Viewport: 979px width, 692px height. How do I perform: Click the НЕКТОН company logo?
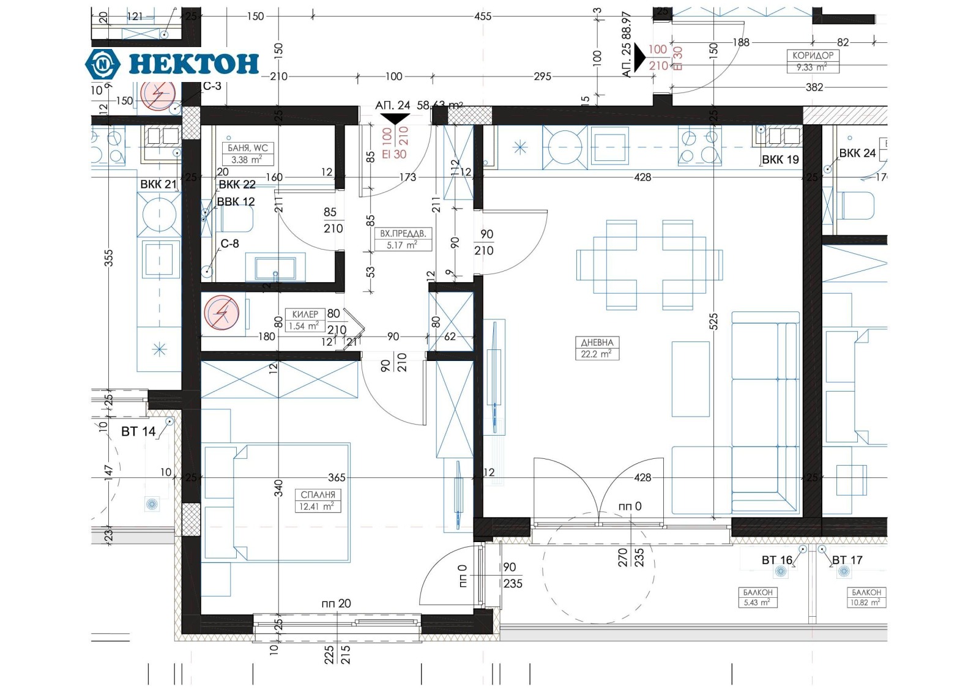pyautogui.click(x=172, y=64)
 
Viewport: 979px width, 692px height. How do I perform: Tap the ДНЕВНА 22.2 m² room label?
pyautogui.click(x=597, y=348)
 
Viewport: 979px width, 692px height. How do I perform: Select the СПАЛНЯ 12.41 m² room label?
pyautogui.click(x=318, y=500)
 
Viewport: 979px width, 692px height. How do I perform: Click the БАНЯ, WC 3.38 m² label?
pyautogui.click(x=247, y=154)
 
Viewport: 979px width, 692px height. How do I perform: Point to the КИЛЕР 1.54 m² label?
pyautogui.click(x=304, y=320)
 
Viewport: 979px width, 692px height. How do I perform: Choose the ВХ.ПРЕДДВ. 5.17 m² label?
pyautogui.click(x=403, y=239)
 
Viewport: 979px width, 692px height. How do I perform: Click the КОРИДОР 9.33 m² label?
pyautogui.click(x=813, y=61)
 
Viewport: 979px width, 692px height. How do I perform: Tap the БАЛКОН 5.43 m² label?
pyautogui.click(x=758, y=597)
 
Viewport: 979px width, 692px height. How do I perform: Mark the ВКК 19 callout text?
pyautogui.click(x=780, y=160)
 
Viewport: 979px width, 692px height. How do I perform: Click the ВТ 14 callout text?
pyautogui.click(x=138, y=431)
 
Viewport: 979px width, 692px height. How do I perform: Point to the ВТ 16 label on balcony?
pyautogui.click(x=776, y=560)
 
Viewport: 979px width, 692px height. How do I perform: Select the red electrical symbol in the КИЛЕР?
pyautogui.click(x=220, y=313)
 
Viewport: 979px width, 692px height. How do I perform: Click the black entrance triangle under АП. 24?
pyautogui.click(x=395, y=119)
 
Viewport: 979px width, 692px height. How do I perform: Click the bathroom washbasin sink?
pyautogui.click(x=275, y=268)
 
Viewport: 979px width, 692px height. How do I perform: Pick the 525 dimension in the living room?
pyautogui.click(x=713, y=321)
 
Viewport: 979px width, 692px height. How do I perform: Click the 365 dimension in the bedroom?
pyautogui.click(x=337, y=477)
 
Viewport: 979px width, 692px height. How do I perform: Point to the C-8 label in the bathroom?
pyautogui.click(x=229, y=244)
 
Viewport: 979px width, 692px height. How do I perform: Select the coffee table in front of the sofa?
pyautogui.click(x=691, y=379)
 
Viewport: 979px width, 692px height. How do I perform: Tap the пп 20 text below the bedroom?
pyautogui.click(x=336, y=603)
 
